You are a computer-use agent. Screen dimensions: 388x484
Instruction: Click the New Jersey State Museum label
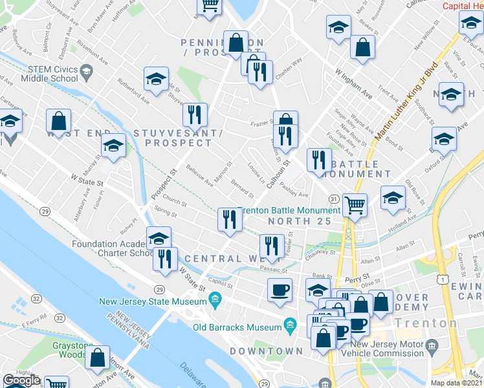point(151,301)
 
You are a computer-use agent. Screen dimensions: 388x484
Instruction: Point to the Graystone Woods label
point(62,349)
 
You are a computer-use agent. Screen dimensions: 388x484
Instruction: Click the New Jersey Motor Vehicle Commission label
point(389,348)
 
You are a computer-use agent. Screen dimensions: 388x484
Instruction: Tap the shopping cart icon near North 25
point(355,206)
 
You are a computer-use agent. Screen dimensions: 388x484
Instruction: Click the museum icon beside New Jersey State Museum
point(215,300)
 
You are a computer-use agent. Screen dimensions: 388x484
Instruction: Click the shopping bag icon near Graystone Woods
point(98,358)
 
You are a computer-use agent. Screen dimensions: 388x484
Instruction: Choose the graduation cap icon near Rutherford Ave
point(156,79)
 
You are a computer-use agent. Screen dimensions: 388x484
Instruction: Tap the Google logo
point(21,381)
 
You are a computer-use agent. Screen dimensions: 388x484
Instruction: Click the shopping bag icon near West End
point(59,120)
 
